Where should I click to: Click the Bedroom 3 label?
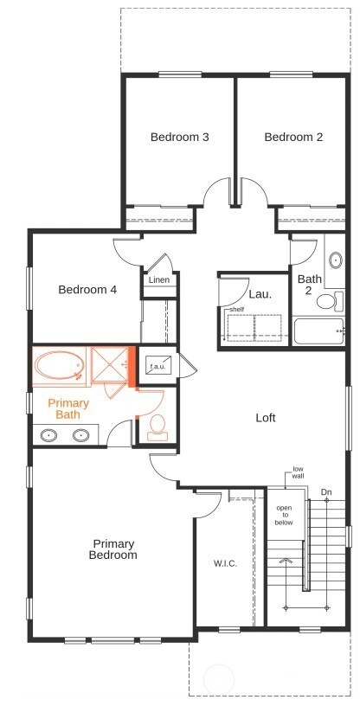tap(179, 137)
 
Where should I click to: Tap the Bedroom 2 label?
tap(293, 137)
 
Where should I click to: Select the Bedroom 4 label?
tap(87, 290)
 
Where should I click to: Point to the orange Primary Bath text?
tap(68, 409)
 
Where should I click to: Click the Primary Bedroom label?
tap(113, 549)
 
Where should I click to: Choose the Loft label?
tap(266, 418)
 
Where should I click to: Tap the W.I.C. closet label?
tap(225, 563)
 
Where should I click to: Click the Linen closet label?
tap(158, 280)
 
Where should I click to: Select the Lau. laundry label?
tap(260, 294)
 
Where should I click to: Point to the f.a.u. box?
tap(157, 366)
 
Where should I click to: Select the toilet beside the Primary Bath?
tap(157, 426)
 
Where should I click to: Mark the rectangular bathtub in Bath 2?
tap(318, 331)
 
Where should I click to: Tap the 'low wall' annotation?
tap(298, 472)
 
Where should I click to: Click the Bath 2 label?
tap(310, 285)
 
